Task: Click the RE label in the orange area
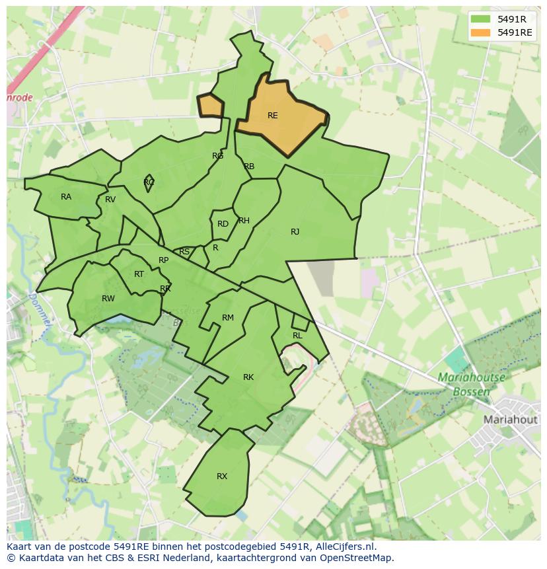272,116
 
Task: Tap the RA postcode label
66,197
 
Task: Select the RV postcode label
110,200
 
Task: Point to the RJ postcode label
295,232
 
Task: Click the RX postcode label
222,476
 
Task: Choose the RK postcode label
248,377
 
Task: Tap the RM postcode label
228,318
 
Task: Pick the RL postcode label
297,336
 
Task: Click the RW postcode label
108,299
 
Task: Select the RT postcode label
139,274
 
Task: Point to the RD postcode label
223,224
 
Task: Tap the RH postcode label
244,221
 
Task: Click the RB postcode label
249,167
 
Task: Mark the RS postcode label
184,252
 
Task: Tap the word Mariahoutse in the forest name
471,378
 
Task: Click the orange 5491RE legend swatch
481,32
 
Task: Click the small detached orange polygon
211,106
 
